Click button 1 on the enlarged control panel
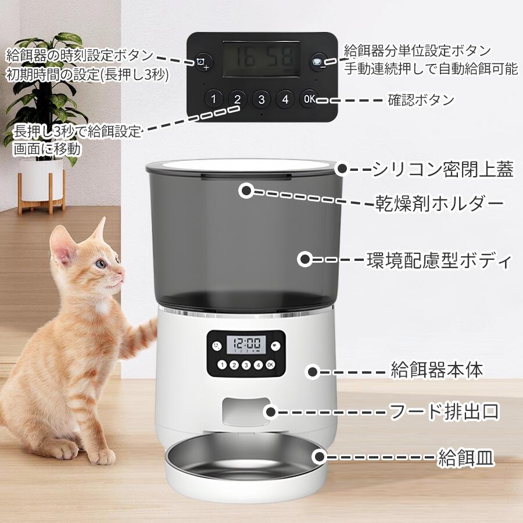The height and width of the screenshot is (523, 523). coord(213,99)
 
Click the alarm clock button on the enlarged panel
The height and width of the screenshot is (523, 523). coord(203,62)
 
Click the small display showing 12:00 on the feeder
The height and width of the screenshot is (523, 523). coord(246,345)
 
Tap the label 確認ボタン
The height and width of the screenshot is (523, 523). coord(421,100)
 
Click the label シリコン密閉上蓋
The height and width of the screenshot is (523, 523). coord(443,169)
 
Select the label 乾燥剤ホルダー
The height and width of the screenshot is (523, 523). coord(439,203)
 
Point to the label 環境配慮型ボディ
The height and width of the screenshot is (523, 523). coord(439,260)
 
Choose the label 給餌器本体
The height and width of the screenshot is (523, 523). coord(436,370)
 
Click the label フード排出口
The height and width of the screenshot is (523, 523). coord(445,411)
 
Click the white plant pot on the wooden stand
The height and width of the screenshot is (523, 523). coord(41,180)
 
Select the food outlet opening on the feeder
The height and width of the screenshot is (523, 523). coord(245,411)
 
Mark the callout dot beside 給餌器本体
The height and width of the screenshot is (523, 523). coord(313,371)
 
